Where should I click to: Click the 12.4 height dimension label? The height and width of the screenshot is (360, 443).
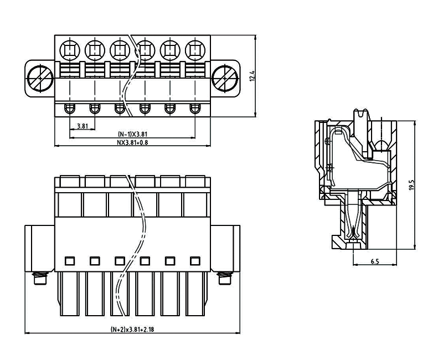click(x=251, y=76)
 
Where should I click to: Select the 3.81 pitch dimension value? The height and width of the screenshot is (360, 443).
click(x=82, y=126)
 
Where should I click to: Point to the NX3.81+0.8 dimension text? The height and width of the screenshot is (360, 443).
click(x=132, y=142)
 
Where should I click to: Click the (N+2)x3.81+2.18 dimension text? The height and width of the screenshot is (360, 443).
click(x=132, y=330)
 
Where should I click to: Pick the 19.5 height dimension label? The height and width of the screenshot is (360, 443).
click(x=411, y=185)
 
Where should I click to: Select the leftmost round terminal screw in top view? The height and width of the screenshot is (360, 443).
click(x=70, y=51)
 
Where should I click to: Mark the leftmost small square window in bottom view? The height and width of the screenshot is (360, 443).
click(x=70, y=260)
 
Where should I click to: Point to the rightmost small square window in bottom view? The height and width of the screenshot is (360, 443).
click(x=194, y=260)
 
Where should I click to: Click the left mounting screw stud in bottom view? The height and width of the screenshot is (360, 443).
click(x=40, y=278)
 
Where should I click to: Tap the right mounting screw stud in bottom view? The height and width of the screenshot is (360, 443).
click(x=224, y=278)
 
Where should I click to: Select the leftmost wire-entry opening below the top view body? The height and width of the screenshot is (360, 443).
click(x=70, y=108)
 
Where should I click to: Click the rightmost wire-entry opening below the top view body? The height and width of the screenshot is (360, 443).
click(x=194, y=108)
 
